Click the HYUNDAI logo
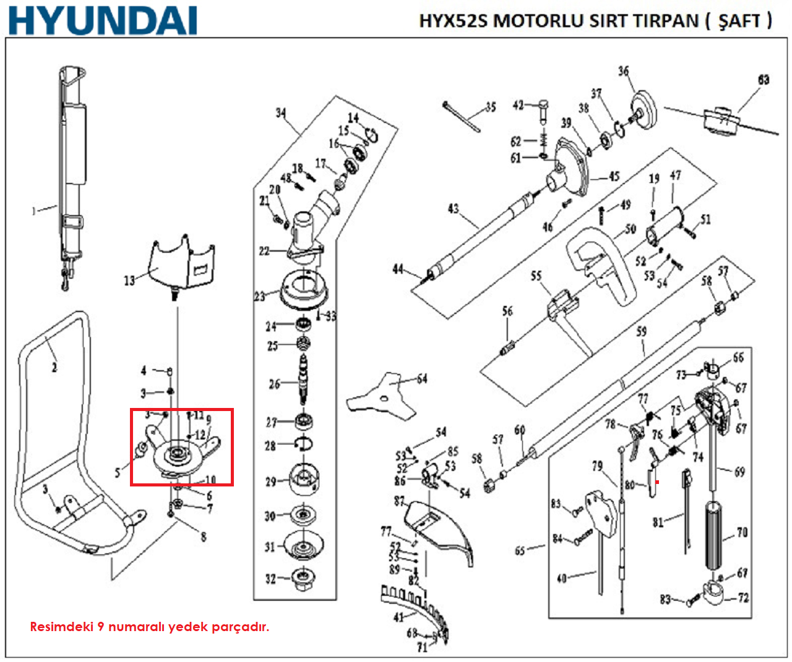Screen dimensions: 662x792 (103, 20)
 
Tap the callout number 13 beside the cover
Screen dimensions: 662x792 (129, 281)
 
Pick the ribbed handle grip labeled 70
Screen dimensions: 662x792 (714, 535)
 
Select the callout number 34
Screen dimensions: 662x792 (281, 113)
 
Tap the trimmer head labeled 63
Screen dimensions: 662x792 (721, 118)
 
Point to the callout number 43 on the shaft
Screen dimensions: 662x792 (454, 208)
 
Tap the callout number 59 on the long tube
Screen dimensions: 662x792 (642, 332)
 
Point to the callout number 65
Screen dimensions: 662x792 (520, 550)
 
